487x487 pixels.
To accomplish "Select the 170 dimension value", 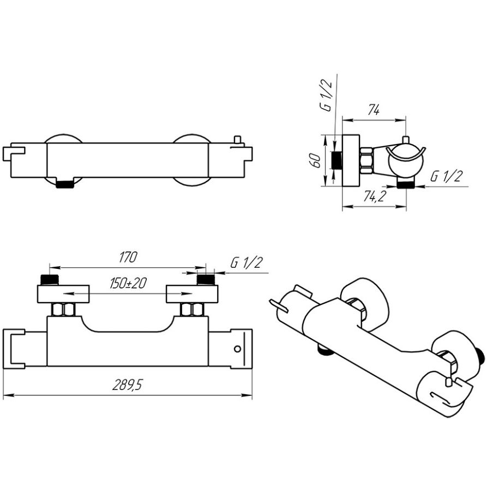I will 129,257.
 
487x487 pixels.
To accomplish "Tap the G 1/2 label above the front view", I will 246,263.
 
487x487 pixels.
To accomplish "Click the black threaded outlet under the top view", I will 65,184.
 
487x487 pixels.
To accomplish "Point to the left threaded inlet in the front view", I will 50,280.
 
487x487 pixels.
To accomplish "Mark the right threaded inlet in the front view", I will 206,280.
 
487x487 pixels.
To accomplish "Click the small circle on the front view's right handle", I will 238,349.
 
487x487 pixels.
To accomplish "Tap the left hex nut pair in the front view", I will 63,310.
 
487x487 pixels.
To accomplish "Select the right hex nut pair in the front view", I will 192,310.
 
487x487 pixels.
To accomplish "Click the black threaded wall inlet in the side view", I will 337,161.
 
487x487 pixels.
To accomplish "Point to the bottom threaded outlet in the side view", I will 405,185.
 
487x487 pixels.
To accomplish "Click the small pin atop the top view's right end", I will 237,140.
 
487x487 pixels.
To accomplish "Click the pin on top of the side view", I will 405,140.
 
